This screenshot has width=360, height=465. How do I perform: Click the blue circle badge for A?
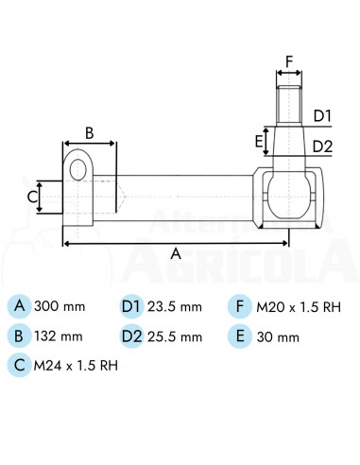[x=19, y=306]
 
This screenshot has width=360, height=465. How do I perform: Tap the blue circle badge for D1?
[x=131, y=306]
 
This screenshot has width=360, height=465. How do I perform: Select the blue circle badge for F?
[x=240, y=306]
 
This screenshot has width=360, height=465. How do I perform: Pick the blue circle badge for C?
[x=19, y=365]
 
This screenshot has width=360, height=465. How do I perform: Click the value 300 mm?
[x=60, y=306]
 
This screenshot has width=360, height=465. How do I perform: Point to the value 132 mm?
[x=59, y=336]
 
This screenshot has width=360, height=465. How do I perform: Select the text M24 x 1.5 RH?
[x=76, y=366]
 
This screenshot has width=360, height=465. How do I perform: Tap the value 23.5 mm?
[x=175, y=307]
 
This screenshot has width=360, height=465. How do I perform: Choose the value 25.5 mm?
[x=175, y=337]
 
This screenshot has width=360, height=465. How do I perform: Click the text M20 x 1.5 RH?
[x=299, y=307]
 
